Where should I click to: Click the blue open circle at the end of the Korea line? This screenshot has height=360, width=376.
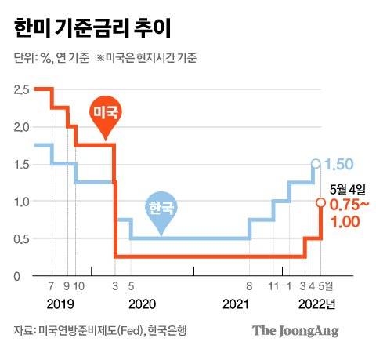[315, 164]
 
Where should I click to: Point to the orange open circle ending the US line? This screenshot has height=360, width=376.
[320, 203]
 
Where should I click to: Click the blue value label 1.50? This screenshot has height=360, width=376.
[339, 165]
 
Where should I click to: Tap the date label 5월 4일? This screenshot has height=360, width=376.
[348, 188]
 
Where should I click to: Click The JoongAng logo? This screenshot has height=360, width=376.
[295, 331]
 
